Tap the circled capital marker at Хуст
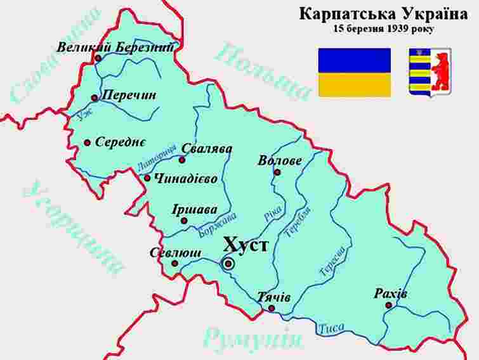tap(228, 264)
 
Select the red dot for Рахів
tap(388, 305)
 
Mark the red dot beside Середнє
tap(87, 143)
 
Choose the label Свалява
tap(207, 149)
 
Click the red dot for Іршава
tap(184, 221)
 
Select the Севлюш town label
tap(176, 253)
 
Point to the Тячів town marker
tap(272, 309)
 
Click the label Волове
tap(280, 160)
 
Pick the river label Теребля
tap(296, 222)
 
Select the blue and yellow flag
tap(355, 72)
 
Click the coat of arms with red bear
tap(430, 72)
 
